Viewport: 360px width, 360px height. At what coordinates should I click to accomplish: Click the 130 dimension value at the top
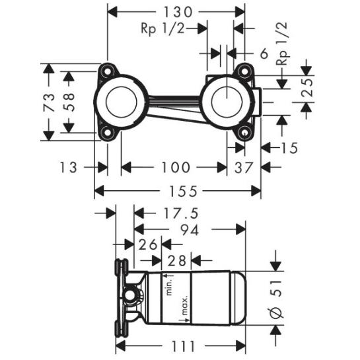[178, 12]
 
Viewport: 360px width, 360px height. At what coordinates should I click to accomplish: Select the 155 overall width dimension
[183, 191]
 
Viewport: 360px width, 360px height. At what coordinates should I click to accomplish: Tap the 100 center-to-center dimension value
[176, 167]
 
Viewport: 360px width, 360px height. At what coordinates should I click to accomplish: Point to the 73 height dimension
[49, 102]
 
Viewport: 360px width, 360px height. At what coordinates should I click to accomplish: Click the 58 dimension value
[69, 102]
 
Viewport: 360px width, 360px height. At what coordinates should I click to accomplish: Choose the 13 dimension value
[68, 167]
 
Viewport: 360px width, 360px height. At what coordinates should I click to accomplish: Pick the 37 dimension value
[243, 167]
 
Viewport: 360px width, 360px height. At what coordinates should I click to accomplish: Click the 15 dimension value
[289, 148]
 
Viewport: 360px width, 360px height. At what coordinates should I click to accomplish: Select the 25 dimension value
[307, 88]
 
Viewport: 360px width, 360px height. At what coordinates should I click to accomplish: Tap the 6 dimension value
[264, 54]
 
